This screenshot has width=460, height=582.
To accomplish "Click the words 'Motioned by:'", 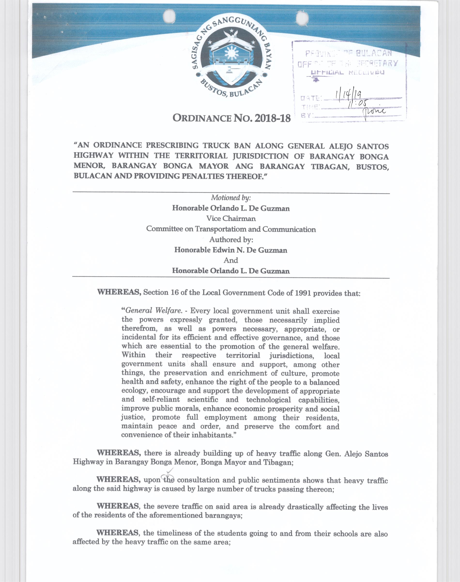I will (x=231, y=198).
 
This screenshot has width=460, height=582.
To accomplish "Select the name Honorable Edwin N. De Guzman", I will (x=231, y=250).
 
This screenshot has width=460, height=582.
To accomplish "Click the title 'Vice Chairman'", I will (x=231, y=218).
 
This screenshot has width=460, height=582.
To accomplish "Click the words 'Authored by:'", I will (x=231, y=240).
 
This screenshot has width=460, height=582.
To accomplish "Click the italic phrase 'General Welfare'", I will (x=153, y=310).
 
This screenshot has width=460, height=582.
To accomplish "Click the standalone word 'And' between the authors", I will (x=231, y=260).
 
